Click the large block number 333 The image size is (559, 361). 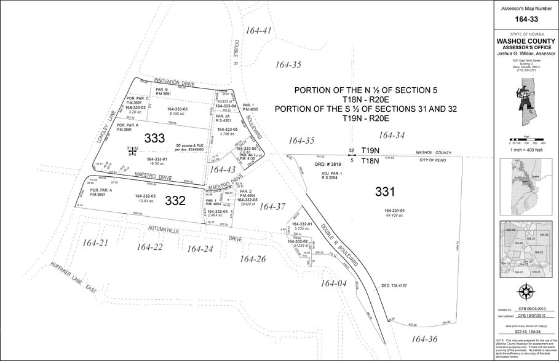coord(154,138)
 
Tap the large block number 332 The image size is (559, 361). coord(175,200)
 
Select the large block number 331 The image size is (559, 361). coord(385,192)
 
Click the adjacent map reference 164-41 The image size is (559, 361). coord(258,30)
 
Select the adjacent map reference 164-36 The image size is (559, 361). coord(424,338)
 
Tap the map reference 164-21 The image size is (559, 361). coord(95,243)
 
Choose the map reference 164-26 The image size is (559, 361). coord(253,258)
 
